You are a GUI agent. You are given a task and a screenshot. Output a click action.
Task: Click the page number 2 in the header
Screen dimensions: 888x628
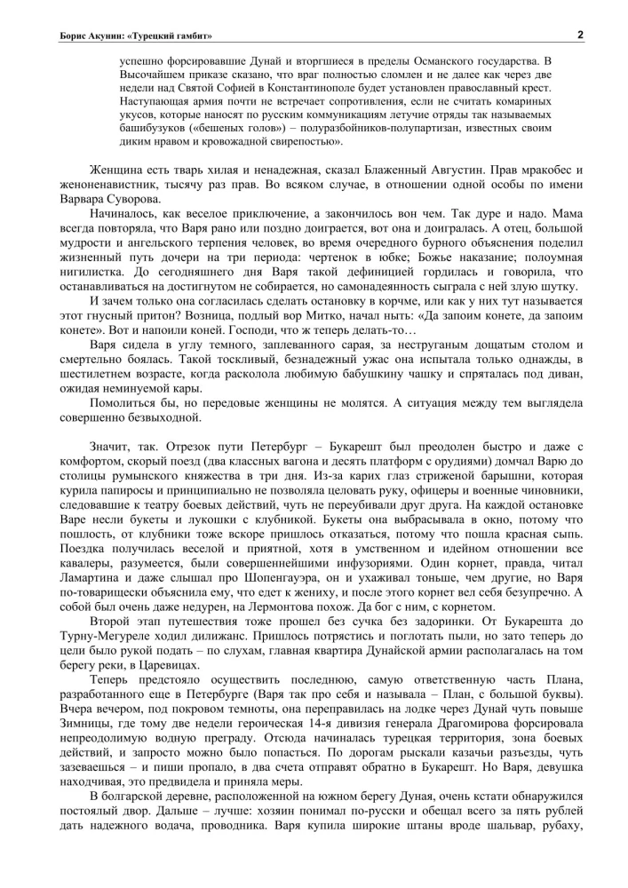point(579,35)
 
